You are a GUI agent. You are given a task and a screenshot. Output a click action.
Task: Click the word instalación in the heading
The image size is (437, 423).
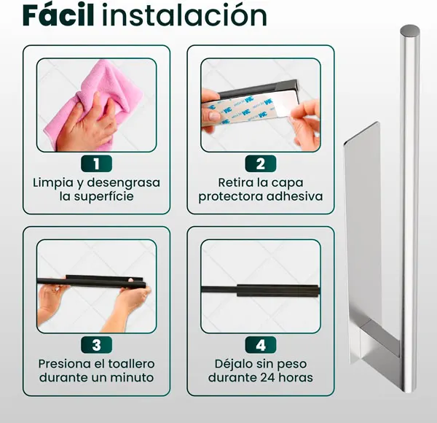click(184, 15)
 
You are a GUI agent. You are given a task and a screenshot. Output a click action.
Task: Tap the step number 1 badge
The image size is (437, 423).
click(96, 164)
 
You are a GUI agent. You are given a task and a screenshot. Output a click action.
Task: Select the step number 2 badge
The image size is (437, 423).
click(261, 164)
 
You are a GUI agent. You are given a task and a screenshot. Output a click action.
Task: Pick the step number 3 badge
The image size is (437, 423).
click(96, 345)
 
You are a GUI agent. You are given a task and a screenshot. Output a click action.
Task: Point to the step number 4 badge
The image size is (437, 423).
click(261, 345)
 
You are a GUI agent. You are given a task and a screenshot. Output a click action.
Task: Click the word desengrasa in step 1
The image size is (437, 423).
click(124, 183)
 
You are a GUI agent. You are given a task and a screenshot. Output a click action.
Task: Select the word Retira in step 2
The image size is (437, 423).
click(236, 183)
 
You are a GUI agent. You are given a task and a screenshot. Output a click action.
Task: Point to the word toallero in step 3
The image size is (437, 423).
click(131, 364)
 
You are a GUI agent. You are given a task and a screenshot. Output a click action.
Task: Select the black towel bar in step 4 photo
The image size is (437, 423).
click(261, 291)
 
